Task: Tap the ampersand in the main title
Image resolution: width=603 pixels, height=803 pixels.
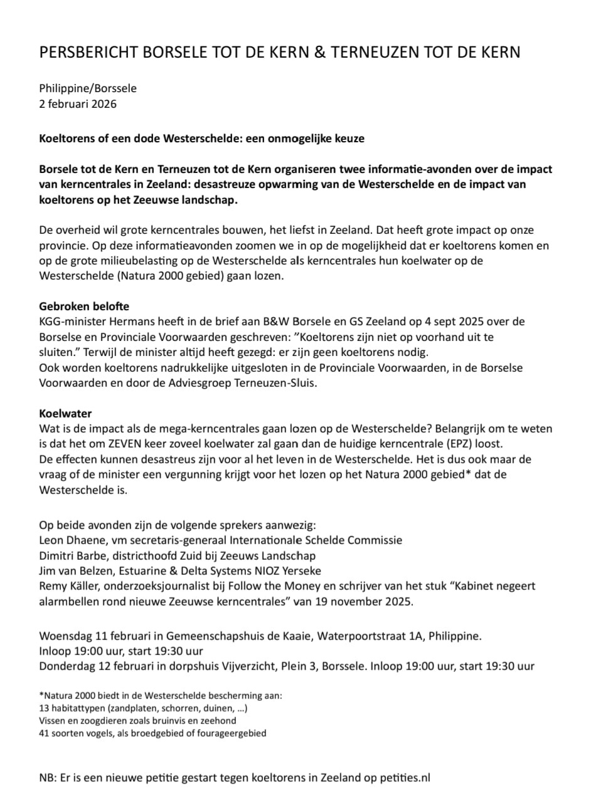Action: (x=319, y=53)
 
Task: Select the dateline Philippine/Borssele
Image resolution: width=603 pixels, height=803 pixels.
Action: (x=88, y=88)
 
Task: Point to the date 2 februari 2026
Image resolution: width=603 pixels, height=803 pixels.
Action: (x=78, y=103)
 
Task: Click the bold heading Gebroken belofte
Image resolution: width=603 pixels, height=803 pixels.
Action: (x=84, y=307)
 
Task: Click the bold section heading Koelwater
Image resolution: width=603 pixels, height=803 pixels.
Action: (x=65, y=414)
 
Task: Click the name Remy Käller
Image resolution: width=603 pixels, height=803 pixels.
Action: (x=70, y=586)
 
